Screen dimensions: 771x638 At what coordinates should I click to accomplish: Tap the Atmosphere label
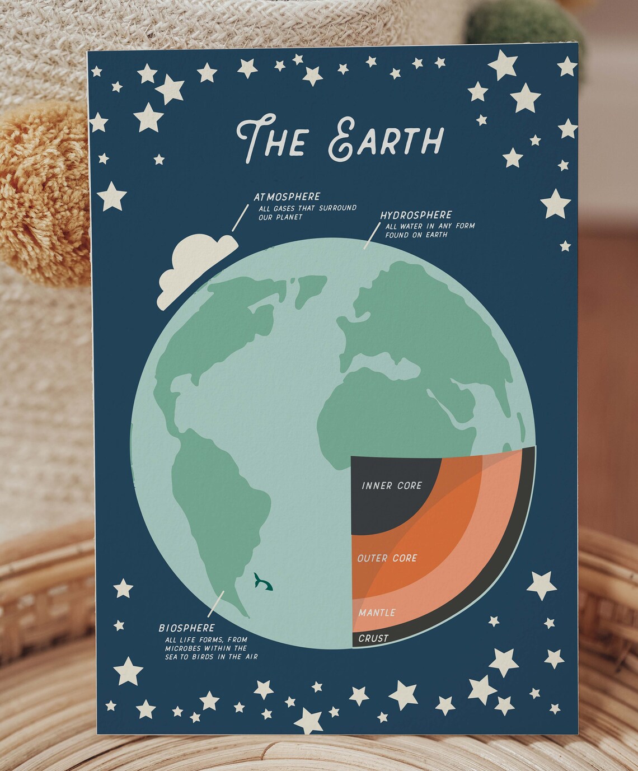click(x=287, y=197)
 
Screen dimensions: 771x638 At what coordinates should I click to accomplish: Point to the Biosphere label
click(x=186, y=628)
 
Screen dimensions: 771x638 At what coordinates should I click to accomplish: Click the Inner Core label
click(x=392, y=485)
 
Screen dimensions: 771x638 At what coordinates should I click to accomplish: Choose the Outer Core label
click(x=387, y=558)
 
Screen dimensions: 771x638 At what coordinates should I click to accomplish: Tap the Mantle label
click(x=377, y=613)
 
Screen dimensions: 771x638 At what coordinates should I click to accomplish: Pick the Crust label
click(x=373, y=638)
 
